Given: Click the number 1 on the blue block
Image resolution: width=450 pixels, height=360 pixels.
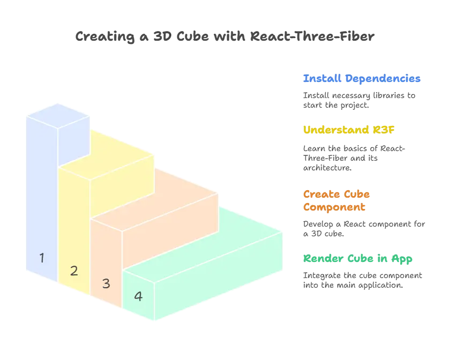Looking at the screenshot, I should coord(42,258).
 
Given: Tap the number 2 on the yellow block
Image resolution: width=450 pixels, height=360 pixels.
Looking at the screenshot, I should coord(74,271).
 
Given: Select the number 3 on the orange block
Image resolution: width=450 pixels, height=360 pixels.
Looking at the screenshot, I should coord(106,283).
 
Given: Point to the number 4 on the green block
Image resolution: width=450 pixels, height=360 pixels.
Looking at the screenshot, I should coord(138,296).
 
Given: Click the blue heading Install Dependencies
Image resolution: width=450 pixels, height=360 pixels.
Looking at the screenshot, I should coord(361,79).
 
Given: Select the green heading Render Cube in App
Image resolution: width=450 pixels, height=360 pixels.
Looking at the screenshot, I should coord(358,259).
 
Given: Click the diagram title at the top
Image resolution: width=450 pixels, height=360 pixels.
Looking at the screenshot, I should coord(225,37).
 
